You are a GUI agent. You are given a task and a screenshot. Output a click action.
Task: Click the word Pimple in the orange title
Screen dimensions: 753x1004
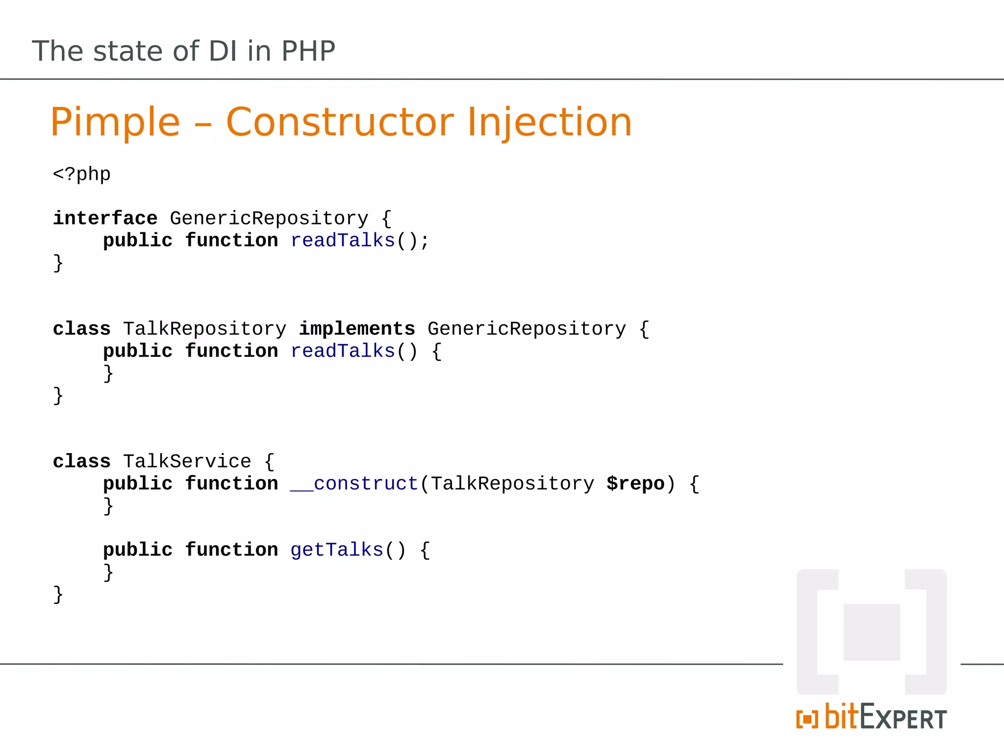(115, 123)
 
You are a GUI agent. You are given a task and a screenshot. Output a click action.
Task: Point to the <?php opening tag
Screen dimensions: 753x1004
(82, 175)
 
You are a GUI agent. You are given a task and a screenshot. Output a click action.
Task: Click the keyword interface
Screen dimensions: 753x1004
(105, 218)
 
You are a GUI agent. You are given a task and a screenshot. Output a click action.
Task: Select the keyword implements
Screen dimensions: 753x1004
(357, 329)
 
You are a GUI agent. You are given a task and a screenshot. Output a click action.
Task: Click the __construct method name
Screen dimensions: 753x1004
(354, 484)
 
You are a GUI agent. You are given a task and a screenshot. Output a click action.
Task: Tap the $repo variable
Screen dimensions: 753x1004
(635, 484)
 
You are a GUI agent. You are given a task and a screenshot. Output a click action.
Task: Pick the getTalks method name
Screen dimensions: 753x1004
(337, 550)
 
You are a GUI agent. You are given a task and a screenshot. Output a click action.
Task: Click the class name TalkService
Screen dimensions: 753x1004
(187, 462)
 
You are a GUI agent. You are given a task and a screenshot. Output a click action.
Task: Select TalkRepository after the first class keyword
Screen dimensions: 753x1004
(204, 329)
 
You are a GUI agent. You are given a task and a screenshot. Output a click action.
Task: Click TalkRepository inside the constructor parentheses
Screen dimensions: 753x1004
(512, 484)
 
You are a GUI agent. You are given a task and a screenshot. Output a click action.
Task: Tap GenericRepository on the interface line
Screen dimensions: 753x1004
(269, 218)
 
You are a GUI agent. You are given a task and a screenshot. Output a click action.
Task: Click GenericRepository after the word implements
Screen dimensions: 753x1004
(527, 329)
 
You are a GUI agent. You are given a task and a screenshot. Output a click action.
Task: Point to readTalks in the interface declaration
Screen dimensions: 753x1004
(343, 241)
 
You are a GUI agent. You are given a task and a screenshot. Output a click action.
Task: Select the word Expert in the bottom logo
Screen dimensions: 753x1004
(903, 718)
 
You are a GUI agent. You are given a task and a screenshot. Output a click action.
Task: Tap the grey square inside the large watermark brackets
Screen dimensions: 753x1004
(872, 632)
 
